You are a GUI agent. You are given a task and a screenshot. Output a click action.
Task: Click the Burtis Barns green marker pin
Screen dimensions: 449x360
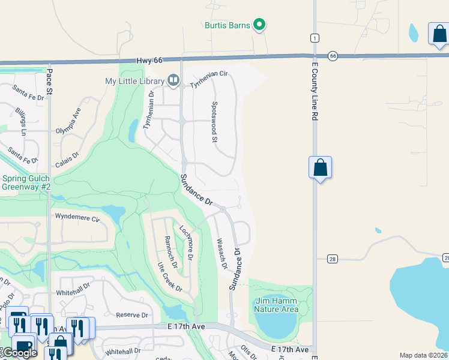click(259, 25)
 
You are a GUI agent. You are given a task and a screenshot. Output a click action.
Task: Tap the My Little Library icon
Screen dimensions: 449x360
click(173, 80)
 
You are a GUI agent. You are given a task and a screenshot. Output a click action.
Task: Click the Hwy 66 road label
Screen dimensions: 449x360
click(149, 61)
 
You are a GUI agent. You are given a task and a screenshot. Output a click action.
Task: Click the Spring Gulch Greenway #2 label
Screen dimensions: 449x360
click(26, 182)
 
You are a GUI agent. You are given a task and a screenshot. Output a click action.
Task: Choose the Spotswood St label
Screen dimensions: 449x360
click(214, 122)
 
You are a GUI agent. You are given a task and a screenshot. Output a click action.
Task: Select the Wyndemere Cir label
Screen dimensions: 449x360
click(77, 217)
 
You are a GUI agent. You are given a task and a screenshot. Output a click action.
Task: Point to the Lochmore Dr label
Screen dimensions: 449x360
click(185, 242)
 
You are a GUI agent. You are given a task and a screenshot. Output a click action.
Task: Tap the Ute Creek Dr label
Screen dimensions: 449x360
click(170, 277)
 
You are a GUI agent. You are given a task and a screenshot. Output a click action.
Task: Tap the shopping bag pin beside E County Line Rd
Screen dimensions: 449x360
click(321, 167)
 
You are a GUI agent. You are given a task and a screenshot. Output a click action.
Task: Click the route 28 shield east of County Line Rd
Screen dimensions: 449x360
click(332, 259)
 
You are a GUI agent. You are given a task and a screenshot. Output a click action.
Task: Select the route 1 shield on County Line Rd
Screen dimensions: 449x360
click(314, 38)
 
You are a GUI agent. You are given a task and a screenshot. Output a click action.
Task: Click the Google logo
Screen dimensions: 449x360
click(20, 353)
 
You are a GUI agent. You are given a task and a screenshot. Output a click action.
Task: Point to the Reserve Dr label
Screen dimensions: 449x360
click(131, 314)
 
